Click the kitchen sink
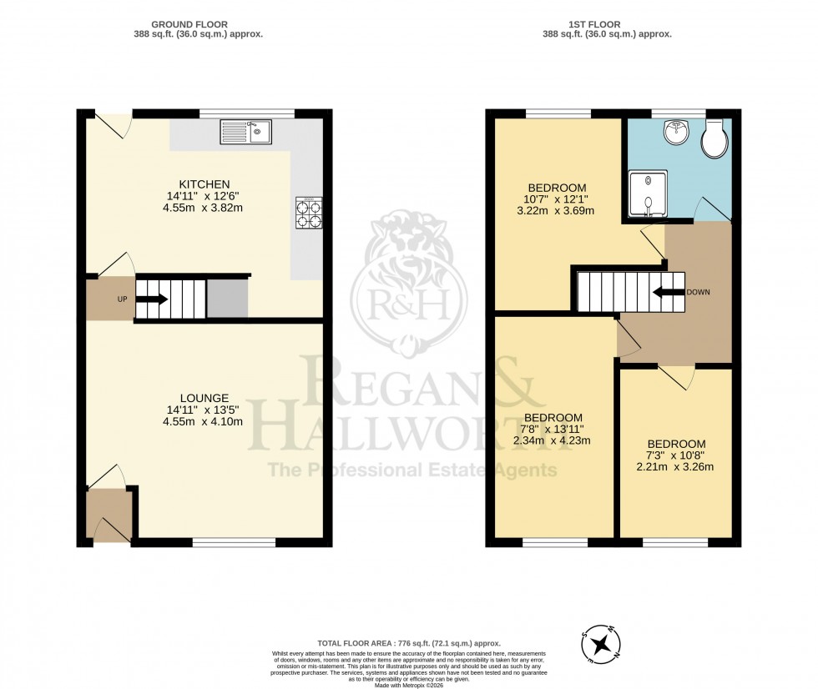pos(245,132)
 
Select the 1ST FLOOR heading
pos(607,25)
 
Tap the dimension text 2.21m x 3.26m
pos(675,466)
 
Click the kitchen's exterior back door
pos(113,125)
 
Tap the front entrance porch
pos(109,515)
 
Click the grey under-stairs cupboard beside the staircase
pos(227,298)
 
